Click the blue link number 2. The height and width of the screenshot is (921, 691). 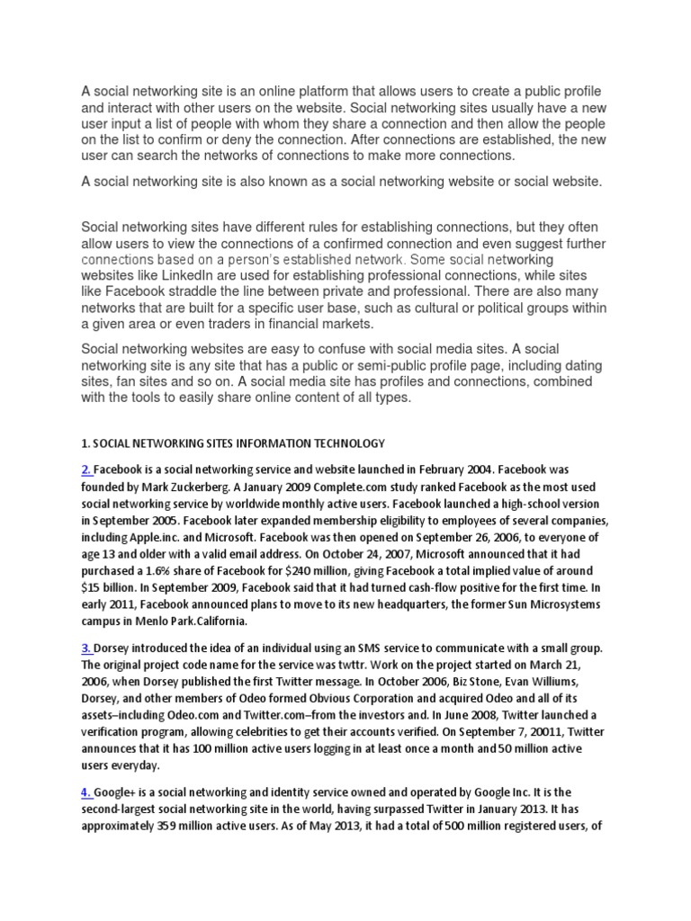point(85,469)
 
